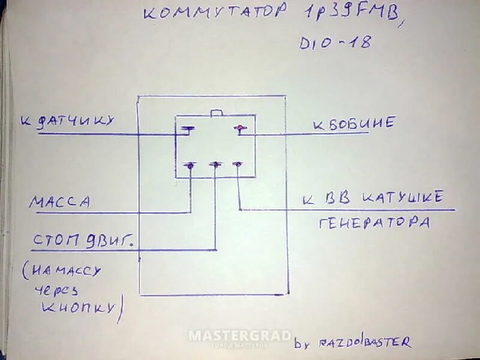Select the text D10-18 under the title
pyautogui.click(x=335, y=43)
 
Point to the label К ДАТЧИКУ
pyautogui.click(x=67, y=122)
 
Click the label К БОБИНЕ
pyautogui.click(x=354, y=124)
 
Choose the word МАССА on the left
pyautogui.click(x=59, y=202)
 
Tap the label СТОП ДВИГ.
pyautogui.click(x=82, y=241)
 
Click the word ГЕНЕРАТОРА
pyautogui.click(x=374, y=223)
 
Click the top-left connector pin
pyautogui.click(x=187, y=129)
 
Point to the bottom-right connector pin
pyautogui.click(x=238, y=164)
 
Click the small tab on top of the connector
pyautogui.click(x=216, y=112)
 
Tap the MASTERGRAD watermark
pyautogui.click(x=240, y=336)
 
